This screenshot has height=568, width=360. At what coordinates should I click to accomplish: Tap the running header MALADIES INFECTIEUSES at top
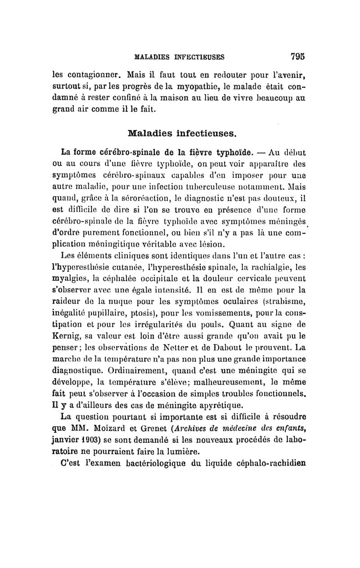tap(180, 57)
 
